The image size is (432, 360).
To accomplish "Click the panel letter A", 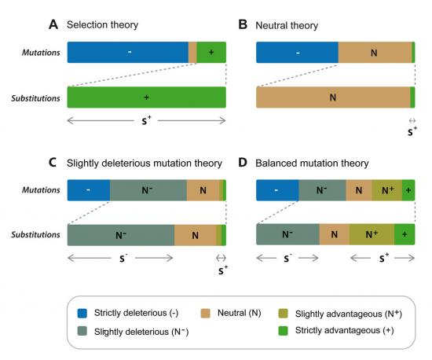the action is click(53, 24).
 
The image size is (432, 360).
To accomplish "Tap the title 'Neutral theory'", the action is click(287, 25).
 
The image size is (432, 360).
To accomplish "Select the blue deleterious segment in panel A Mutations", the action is click(128, 53).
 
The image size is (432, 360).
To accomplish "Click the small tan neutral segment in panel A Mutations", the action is click(192, 53).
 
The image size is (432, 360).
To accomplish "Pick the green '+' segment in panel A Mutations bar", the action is click(211, 53).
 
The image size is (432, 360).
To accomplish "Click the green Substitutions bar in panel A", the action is click(147, 97).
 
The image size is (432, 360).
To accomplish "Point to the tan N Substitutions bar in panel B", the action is click(333, 97).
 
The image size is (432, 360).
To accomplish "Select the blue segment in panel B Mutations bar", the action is click(297, 53).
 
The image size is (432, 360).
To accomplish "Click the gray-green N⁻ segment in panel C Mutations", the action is click(148, 190).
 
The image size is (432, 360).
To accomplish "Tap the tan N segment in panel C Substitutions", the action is click(195, 235).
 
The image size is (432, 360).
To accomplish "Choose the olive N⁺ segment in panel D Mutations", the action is click(387, 190).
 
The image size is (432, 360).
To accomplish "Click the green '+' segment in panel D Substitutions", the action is click(405, 234).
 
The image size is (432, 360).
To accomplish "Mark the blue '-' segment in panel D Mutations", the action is click(277, 190).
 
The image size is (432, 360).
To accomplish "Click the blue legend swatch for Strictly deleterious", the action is click(82, 313).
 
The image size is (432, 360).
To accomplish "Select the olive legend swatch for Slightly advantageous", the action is click(284, 314).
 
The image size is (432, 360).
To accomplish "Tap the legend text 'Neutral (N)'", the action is click(239, 313).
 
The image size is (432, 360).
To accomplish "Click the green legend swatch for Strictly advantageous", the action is click(284, 330).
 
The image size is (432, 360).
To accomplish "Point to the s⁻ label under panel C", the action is click(123, 258).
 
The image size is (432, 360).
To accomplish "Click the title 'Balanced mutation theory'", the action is click(312, 163).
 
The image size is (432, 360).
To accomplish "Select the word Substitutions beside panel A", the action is click(35, 98).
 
